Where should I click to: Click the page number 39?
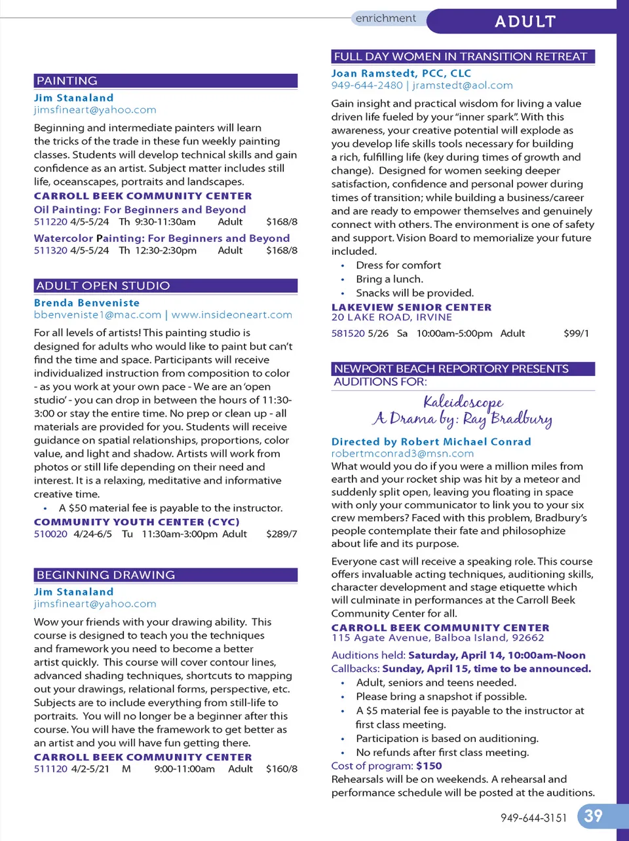coord(593,815)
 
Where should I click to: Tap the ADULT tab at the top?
coord(525,22)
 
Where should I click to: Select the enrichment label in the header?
coord(385,18)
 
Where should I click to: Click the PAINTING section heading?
coord(67,81)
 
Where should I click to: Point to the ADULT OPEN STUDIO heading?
coord(103,286)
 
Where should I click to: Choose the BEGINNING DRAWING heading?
coord(105,575)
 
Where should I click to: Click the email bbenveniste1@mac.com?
coord(98,315)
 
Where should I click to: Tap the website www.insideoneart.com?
coord(232,315)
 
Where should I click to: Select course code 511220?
coord(50,222)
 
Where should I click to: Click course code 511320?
coord(50,251)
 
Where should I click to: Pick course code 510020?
coord(50,534)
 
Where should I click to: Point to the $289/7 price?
coord(282,534)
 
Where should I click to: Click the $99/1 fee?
coord(576,333)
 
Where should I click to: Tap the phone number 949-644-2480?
coord(367,86)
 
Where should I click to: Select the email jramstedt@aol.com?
coord(463,86)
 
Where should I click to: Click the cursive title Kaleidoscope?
coord(463,402)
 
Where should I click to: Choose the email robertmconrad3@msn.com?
coord(402,453)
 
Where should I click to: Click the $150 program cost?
coord(429,766)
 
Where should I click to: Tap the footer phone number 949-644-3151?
coord(533,818)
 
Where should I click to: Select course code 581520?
coord(348,333)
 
